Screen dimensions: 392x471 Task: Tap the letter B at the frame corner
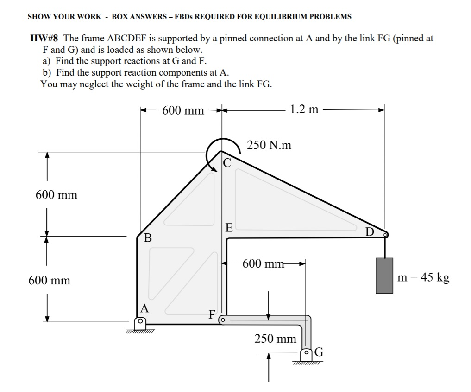(x=148, y=238)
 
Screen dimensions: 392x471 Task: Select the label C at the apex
(x=226, y=162)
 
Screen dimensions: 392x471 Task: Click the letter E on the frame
(x=229, y=227)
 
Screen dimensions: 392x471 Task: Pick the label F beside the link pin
(x=212, y=315)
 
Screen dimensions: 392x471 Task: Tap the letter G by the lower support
(x=319, y=353)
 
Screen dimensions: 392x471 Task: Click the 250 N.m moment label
(x=269, y=145)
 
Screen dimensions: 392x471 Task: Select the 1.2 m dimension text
(x=304, y=109)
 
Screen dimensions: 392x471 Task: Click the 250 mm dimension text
(x=275, y=339)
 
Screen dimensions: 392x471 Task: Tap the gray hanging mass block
(x=384, y=276)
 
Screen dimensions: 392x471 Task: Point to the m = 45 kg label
(x=424, y=278)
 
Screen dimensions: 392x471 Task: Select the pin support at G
(x=306, y=354)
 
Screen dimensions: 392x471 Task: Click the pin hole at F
(x=222, y=320)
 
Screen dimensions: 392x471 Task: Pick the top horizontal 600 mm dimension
(x=183, y=110)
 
